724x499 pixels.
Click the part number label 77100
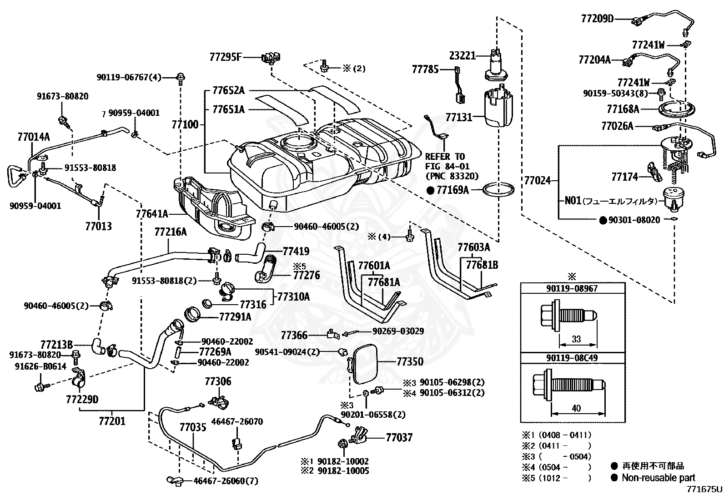coord(185,124)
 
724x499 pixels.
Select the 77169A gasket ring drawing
coord(498,190)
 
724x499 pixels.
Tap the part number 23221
coord(463,56)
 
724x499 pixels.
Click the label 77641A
coord(152,214)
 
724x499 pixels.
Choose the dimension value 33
coord(576,339)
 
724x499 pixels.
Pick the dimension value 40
coord(576,408)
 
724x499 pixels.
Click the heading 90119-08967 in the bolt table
coord(572,288)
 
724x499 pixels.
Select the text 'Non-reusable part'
coord(659,478)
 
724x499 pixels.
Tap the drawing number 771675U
coord(704,489)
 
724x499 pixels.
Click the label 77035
coord(193,427)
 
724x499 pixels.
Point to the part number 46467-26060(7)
coord(226,481)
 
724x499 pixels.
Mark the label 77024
coord(537,180)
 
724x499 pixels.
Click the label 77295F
coord(226,57)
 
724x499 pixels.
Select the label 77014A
coord(34,137)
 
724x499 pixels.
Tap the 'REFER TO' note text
coord(445,157)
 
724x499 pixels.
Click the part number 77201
coord(112,421)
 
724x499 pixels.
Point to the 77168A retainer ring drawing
coord(677,109)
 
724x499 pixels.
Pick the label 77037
coord(399,438)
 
